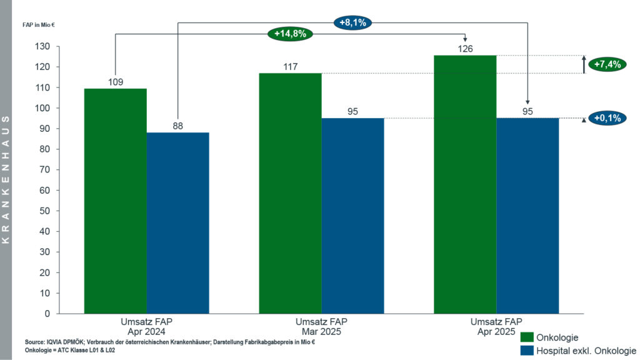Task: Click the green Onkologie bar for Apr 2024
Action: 116,201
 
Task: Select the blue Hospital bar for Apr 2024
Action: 178,222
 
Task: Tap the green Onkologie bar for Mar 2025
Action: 291,193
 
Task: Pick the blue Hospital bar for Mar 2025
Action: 353,216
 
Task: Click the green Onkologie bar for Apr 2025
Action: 465,184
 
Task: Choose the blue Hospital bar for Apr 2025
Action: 527,216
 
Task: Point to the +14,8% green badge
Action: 291,34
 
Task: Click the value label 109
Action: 116,82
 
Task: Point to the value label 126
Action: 465,49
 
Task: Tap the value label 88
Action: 178,126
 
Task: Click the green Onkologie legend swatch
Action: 526,337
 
